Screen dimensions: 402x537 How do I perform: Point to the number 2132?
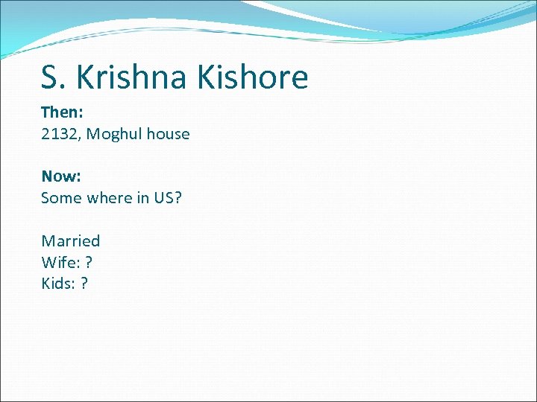[x=59, y=134]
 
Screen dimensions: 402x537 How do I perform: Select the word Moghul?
[x=115, y=134]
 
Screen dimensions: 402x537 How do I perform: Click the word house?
[x=168, y=134]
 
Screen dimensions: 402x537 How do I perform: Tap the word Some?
[x=61, y=198]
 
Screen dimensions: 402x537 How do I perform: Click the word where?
[x=110, y=198]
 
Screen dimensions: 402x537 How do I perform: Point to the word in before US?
[x=147, y=198]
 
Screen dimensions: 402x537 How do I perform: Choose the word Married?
[x=71, y=241]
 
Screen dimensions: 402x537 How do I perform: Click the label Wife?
[x=59, y=262]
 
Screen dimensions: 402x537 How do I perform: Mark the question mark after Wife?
[x=89, y=262]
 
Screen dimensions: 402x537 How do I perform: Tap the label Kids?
[x=58, y=284]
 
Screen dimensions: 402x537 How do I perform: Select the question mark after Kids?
[x=84, y=284]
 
